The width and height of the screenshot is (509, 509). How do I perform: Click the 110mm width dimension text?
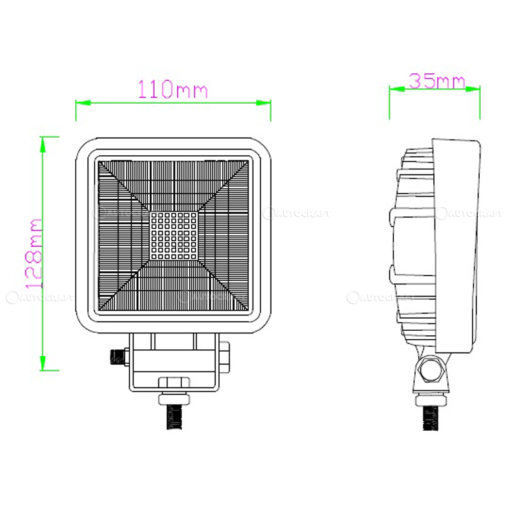point(173,88)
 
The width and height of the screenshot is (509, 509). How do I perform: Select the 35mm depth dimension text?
point(436,81)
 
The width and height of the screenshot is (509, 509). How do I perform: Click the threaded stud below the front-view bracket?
point(174,417)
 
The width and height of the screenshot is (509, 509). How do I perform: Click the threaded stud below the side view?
point(433,417)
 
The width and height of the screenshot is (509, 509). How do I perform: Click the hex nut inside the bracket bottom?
point(174,382)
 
